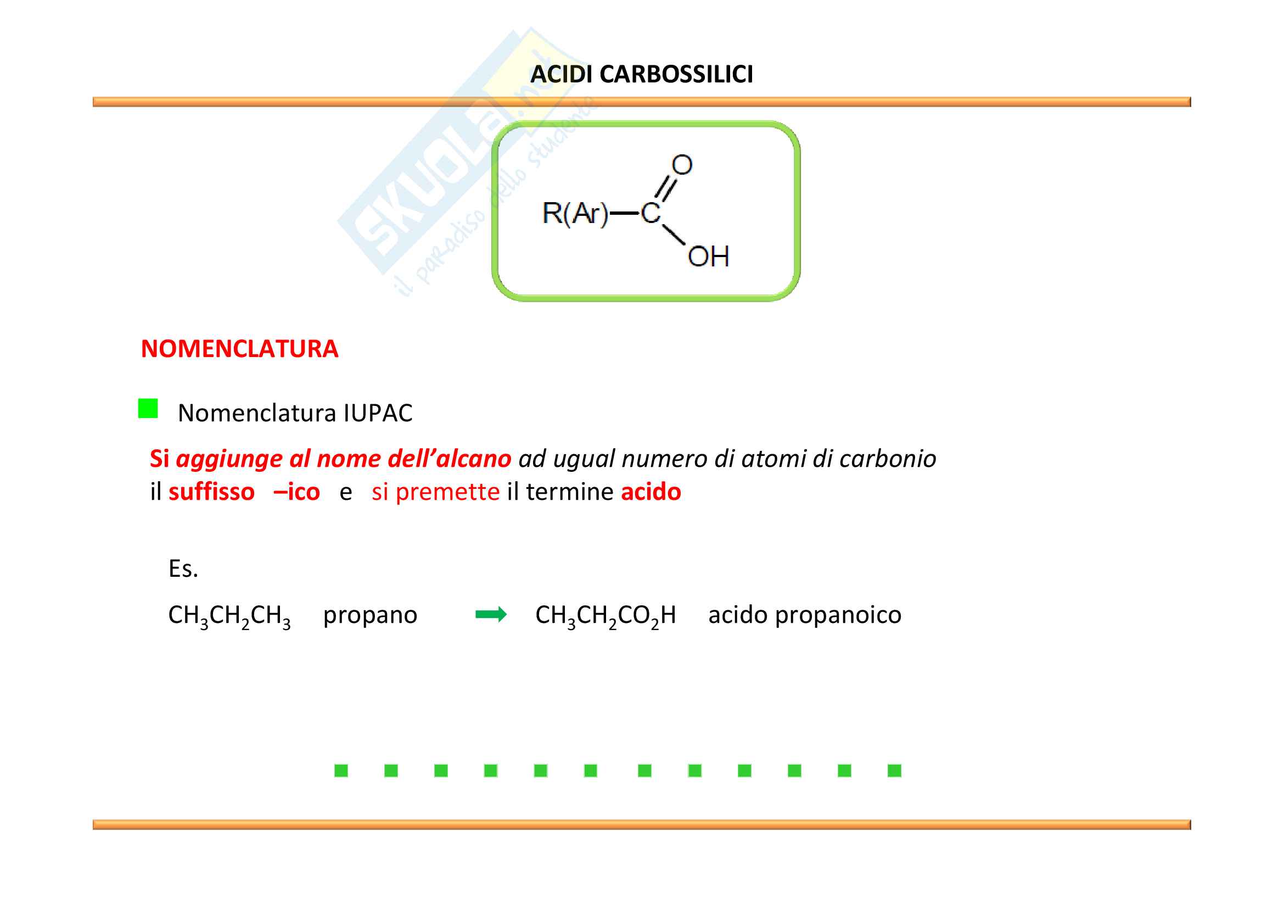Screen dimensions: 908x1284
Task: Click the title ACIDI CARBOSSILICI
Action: (641, 74)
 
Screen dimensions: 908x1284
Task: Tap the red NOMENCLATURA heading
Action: (239, 349)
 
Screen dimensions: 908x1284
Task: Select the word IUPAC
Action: (378, 414)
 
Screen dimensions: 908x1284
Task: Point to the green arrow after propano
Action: (490, 615)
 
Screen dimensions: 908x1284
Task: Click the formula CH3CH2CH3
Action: (229, 616)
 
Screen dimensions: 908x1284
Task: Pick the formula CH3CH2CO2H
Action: (605, 616)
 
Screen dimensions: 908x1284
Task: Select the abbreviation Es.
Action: (183, 569)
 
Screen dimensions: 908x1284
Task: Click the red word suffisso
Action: (211, 492)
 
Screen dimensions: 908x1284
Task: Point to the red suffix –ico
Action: (296, 492)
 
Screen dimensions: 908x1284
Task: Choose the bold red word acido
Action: (651, 492)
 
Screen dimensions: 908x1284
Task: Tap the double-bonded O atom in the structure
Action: (682, 165)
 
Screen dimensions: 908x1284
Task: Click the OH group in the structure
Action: (709, 257)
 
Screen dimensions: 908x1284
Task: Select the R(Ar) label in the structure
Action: (575, 213)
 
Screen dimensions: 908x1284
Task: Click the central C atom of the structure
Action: (651, 213)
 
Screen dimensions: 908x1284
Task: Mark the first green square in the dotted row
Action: (341, 771)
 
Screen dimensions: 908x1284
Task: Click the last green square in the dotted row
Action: (894, 771)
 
